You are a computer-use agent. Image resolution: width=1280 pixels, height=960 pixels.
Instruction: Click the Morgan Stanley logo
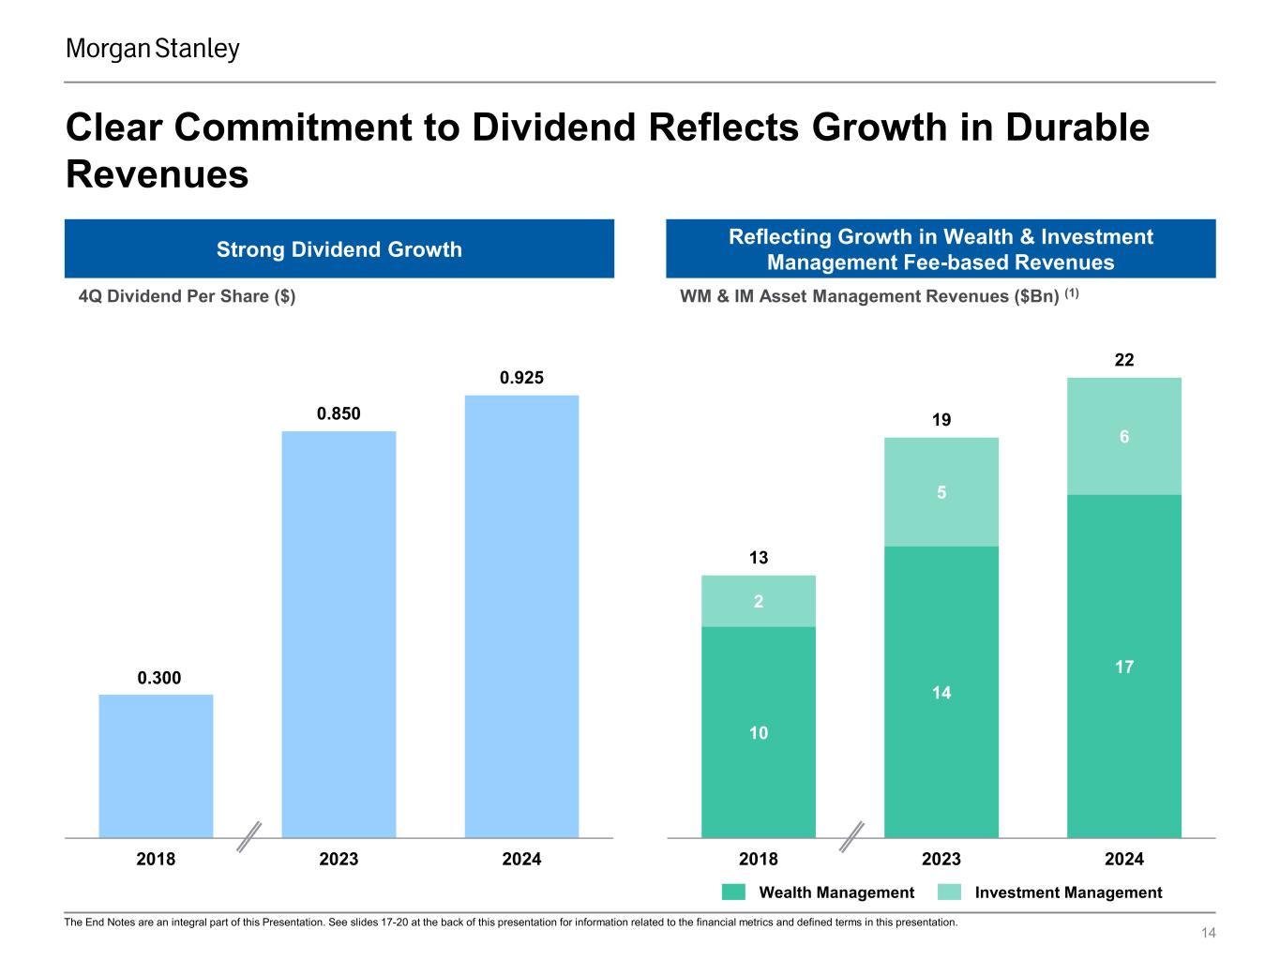pyautogui.click(x=153, y=49)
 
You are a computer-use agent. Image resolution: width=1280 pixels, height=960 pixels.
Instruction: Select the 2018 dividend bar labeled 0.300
pyautogui.click(x=156, y=765)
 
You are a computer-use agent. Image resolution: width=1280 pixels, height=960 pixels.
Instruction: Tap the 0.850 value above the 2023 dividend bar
pyautogui.click(x=339, y=413)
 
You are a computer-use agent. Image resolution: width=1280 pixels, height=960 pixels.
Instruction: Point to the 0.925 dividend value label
pyautogui.click(x=521, y=378)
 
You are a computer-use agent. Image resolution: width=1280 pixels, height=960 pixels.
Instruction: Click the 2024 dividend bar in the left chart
pyautogui.click(x=521, y=616)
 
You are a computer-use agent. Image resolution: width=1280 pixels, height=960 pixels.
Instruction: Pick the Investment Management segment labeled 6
pyautogui.click(x=1123, y=436)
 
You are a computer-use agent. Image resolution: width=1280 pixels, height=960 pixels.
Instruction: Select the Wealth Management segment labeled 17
pyautogui.click(x=1123, y=667)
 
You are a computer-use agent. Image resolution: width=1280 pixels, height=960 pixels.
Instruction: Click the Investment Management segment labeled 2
pyautogui.click(x=759, y=601)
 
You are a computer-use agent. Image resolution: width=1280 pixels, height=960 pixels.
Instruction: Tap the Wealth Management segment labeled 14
pyautogui.click(x=941, y=692)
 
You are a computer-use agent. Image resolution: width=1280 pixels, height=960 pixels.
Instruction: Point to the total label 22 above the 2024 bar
pyautogui.click(x=1123, y=360)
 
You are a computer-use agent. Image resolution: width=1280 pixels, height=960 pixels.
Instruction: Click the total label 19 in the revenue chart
pyautogui.click(x=941, y=420)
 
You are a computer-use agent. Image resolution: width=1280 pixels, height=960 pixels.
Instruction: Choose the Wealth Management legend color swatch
pyautogui.click(x=733, y=892)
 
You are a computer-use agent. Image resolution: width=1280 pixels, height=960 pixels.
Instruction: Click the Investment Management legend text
pyautogui.click(x=1068, y=892)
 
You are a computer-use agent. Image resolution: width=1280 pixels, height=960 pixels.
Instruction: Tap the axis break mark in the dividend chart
pyautogui.click(x=248, y=836)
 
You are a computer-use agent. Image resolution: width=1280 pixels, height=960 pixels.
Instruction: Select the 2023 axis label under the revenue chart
pyautogui.click(x=941, y=859)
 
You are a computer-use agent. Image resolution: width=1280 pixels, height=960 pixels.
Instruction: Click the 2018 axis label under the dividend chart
pyautogui.click(x=156, y=859)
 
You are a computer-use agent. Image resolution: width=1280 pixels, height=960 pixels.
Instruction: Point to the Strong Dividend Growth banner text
pyautogui.click(x=339, y=249)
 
